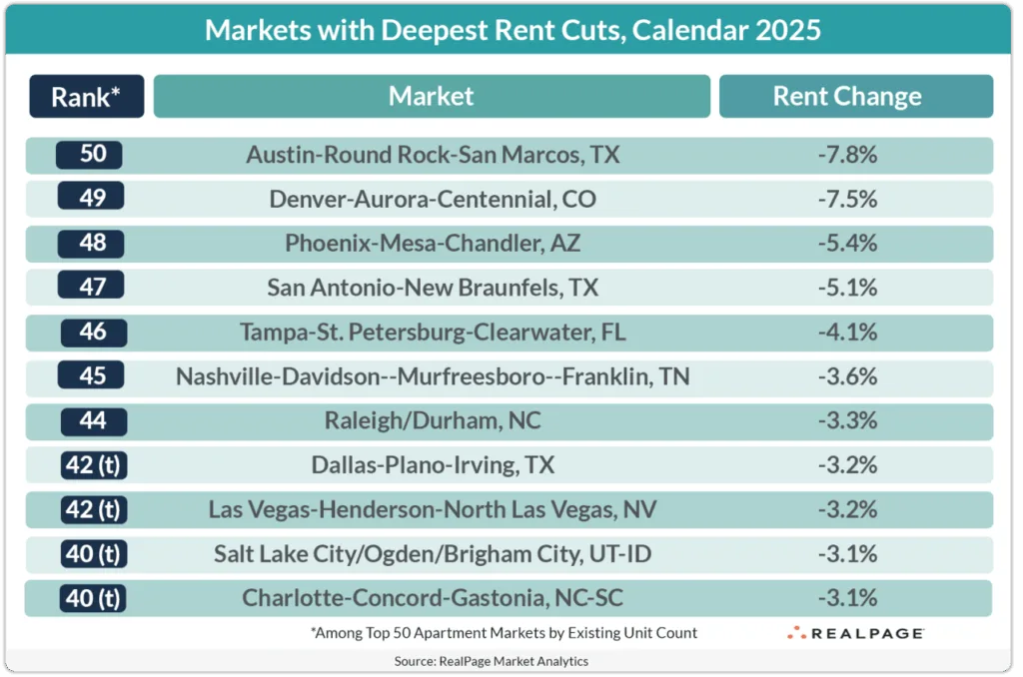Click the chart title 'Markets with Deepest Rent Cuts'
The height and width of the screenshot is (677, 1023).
click(x=512, y=29)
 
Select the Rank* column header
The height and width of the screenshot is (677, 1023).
click(x=87, y=97)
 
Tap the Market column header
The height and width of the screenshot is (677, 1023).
click(x=432, y=97)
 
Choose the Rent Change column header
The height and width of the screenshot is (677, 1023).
click(x=847, y=97)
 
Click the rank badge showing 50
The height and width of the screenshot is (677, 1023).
click(x=91, y=155)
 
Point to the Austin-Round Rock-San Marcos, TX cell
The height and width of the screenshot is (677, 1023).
click(x=433, y=156)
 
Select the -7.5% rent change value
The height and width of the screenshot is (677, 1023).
click(x=846, y=199)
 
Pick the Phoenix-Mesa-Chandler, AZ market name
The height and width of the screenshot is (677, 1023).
click(x=433, y=243)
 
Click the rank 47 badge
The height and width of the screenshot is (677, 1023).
click(x=91, y=288)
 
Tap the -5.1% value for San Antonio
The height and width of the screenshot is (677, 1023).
click(x=846, y=288)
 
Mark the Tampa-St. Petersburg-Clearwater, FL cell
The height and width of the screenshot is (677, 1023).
click(x=433, y=332)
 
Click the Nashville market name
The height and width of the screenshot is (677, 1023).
click(x=433, y=376)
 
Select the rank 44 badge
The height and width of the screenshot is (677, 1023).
click(x=91, y=420)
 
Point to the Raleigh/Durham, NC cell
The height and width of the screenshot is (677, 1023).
click(x=433, y=420)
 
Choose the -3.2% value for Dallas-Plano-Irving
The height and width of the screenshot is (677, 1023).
click(x=846, y=465)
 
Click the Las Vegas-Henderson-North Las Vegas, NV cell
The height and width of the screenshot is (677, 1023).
click(x=433, y=509)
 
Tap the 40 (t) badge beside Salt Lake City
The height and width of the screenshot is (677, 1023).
click(x=91, y=553)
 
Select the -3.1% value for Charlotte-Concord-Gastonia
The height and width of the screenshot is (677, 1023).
click(x=846, y=598)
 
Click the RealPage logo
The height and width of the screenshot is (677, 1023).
click(x=855, y=633)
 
